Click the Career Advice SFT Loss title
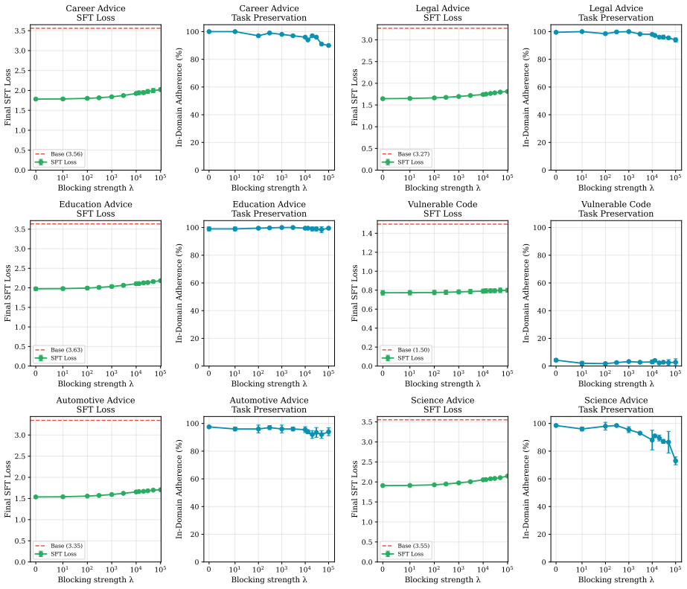coord(95,13)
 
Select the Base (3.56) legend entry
coord(59,154)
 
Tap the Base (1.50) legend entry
coord(406,350)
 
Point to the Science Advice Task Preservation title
coord(616,405)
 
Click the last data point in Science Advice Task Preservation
coord(676,461)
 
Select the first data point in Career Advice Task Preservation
coord(209,31)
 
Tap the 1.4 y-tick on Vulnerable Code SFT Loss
coord(367,234)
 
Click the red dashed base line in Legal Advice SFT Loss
coord(443,28)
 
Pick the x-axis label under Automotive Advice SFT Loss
coord(95,579)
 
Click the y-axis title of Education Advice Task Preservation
coord(179,293)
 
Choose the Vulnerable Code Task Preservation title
coord(616,209)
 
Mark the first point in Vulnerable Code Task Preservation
coord(556,360)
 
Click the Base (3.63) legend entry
coord(59,350)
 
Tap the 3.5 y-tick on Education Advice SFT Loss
coord(19,229)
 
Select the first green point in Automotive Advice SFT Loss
coord(36,497)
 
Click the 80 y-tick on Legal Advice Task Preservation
coord(542,59)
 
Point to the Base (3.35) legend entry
coord(59,546)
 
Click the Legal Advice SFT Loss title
coord(443,13)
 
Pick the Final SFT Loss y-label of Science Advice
coord(354,489)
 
